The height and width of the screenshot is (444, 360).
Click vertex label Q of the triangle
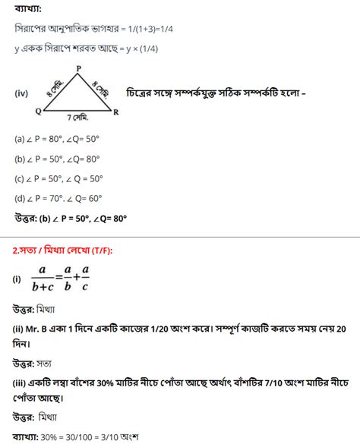coord(38,112)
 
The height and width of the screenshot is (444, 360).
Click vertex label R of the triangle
coord(115,112)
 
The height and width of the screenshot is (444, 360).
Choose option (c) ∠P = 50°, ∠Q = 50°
coord(58,179)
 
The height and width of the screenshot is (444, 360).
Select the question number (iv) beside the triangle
coord(21,93)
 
